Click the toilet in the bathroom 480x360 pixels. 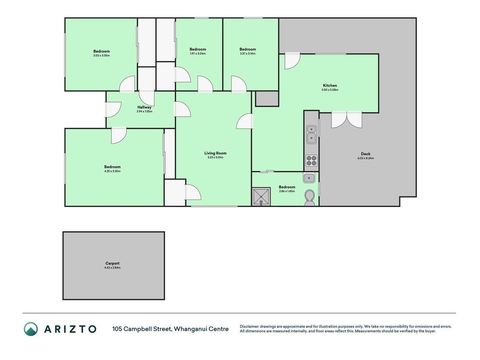310,198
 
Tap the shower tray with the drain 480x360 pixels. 261,197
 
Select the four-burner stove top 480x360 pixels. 311,161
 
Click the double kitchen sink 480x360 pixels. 311,135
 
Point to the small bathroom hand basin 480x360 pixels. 309,178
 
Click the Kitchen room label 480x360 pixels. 330,85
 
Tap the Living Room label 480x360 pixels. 215,153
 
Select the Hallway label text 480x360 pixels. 144,107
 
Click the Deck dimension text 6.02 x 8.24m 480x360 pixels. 365,158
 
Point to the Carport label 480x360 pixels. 112,263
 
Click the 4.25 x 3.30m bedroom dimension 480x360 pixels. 112,171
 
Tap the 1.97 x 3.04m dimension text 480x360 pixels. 198,54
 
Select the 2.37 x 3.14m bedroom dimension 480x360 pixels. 248,54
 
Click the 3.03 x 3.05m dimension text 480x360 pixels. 102,56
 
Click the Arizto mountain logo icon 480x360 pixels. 31,329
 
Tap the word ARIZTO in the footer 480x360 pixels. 70,329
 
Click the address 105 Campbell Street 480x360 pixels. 142,329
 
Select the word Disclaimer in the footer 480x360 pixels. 249,327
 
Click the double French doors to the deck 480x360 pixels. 346,120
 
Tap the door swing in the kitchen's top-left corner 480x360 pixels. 292,61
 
